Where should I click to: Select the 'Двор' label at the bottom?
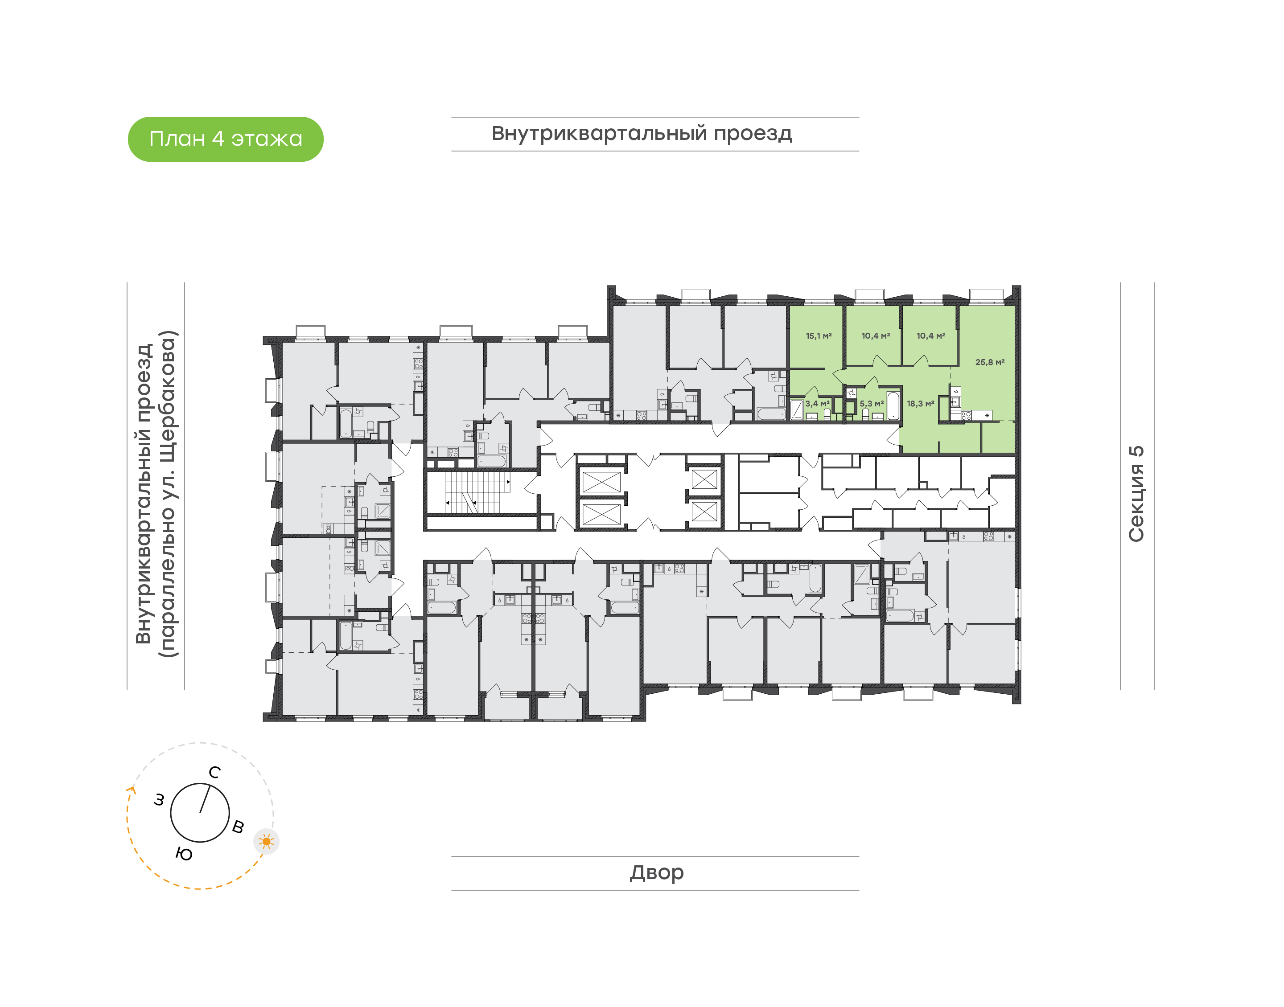[x=656, y=872]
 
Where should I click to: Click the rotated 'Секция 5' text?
[x=1136, y=494]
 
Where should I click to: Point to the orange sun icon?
[x=267, y=841]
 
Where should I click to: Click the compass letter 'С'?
[x=215, y=772]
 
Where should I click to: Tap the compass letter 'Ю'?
[x=184, y=854]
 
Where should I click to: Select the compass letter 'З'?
[x=159, y=800]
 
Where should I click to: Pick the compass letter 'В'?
[x=238, y=827]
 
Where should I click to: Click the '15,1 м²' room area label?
[x=819, y=336]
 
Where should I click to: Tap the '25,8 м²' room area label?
[x=990, y=362]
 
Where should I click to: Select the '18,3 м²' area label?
[x=920, y=404]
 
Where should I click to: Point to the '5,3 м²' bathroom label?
[x=871, y=404]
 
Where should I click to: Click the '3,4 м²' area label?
[x=818, y=404]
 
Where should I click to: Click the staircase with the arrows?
[x=478, y=492]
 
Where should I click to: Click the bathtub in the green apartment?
[x=893, y=405]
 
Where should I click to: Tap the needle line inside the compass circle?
[x=205, y=799]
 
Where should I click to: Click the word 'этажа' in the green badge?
[x=267, y=139]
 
